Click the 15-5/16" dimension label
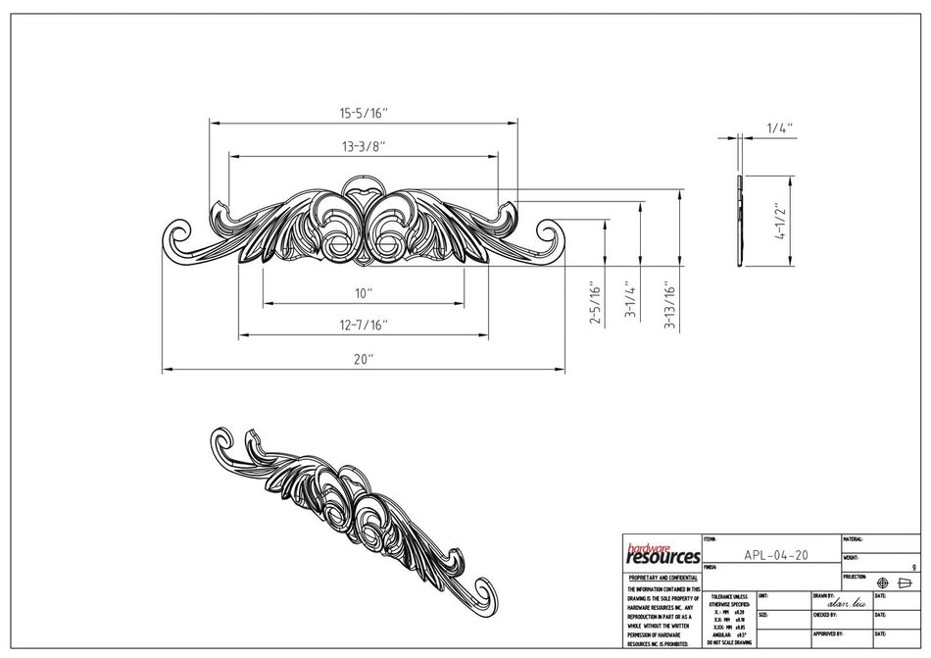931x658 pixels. [x=365, y=114]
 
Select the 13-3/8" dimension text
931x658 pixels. [x=364, y=147]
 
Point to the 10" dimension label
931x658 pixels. [x=364, y=293]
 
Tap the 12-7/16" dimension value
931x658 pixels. [x=364, y=326]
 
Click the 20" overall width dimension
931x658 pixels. [x=364, y=360]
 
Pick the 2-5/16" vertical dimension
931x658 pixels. [x=594, y=303]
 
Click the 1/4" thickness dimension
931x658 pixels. [x=779, y=127]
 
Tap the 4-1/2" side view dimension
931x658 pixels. [x=778, y=223]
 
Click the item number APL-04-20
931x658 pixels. [x=776, y=554]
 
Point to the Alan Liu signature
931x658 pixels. [x=846, y=604]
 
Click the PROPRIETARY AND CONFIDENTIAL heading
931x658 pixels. [x=662, y=579]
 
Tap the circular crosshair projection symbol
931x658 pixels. [x=882, y=583]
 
